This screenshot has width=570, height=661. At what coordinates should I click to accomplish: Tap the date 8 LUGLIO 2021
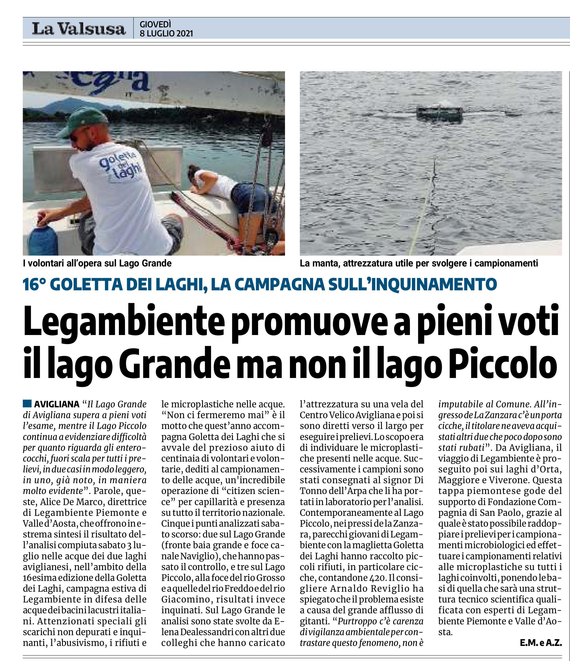tap(166, 33)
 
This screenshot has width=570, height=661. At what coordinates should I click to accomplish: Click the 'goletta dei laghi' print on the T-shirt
tap(121, 165)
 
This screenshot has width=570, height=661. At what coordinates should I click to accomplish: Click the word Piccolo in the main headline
tap(503, 365)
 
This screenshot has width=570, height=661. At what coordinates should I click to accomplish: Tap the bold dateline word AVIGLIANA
tap(57, 404)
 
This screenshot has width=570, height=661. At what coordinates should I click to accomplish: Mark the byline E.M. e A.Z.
tap(540, 643)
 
